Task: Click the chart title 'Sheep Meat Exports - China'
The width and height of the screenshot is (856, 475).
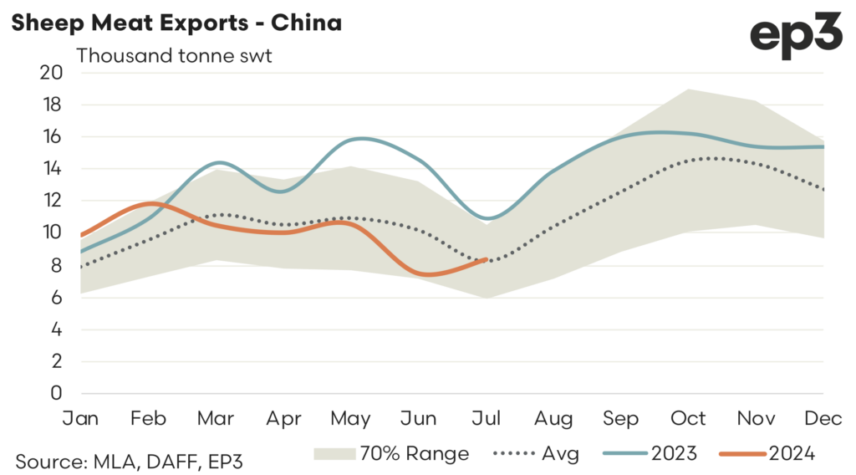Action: (176, 23)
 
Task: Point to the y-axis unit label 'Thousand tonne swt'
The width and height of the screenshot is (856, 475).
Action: (175, 57)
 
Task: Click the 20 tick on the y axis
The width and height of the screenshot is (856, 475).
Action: (52, 73)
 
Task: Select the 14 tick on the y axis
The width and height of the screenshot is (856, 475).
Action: (52, 169)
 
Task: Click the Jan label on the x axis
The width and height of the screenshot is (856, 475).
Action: (80, 417)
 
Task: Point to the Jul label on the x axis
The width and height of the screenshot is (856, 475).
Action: (487, 417)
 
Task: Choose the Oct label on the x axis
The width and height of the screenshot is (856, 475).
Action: (690, 417)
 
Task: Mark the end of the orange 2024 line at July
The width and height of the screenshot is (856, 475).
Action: (487, 259)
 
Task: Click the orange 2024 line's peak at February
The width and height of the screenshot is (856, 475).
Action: (153, 203)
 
